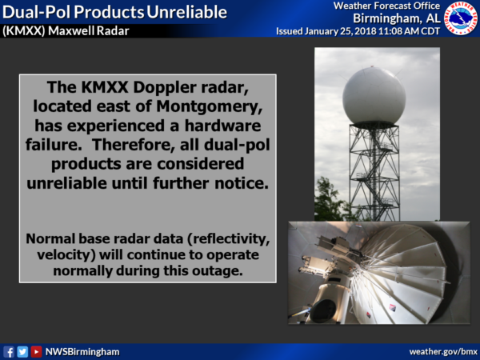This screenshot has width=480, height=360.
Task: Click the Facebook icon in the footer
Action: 9,352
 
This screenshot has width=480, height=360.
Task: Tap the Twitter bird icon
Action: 22,352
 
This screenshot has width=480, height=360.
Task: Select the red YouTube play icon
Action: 36,352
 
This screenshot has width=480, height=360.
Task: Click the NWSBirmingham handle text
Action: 82,352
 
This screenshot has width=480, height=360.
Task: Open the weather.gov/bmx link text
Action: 443,352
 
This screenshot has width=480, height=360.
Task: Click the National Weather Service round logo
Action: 461,18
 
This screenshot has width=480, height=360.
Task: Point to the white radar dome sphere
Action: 374,96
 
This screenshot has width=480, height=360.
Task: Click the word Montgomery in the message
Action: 210,106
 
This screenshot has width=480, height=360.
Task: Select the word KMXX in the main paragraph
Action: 104,87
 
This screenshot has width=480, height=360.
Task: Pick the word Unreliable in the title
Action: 186,12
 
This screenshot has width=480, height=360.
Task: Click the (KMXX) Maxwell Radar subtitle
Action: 66,31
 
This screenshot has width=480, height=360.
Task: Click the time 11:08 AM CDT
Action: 410,31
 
